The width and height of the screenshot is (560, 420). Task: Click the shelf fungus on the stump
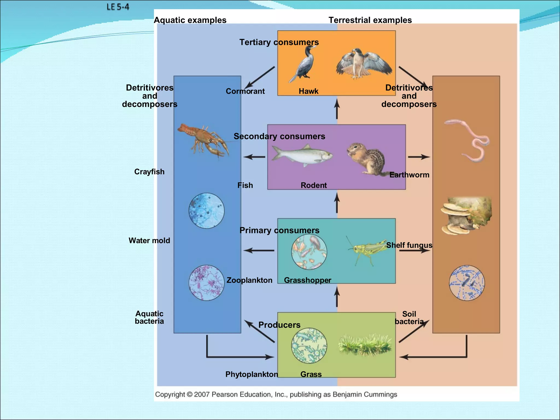pos(465,216)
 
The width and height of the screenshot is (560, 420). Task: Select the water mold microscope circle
pos(206,211)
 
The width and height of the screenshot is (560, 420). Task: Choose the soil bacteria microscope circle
pos(467,283)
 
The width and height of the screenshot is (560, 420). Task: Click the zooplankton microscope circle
pos(309,252)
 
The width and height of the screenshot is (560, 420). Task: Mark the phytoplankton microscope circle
pos(309,346)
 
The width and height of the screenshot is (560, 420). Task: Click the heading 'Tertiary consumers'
pos(279,42)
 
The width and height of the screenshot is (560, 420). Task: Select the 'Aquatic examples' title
pos(190,20)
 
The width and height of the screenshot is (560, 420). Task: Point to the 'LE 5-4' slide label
pos(118,7)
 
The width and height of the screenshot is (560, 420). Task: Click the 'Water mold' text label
pos(149,240)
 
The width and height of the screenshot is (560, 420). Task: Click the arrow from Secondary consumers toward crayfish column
pos(254,157)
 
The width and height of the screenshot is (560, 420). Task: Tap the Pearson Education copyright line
pos(276,394)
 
